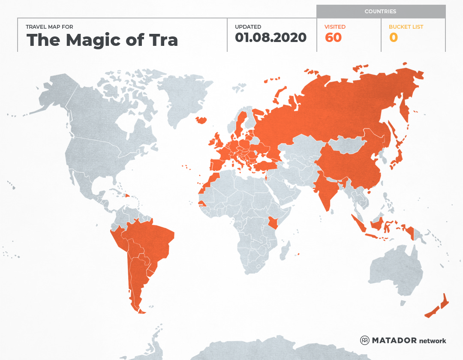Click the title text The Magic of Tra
pyautogui.click(x=102, y=40)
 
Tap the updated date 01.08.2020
pyautogui.click(x=271, y=38)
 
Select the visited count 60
pyautogui.click(x=333, y=38)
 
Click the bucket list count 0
pyautogui.click(x=393, y=38)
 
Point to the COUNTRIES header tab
pyautogui.click(x=380, y=12)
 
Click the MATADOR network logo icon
pyautogui.click(x=365, y=341)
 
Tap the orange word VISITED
pyautogui.click(x=335, y=27)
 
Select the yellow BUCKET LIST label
pyautogui.click(x=406, y=27)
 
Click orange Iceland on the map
pyautogui.click(x=201, y=120)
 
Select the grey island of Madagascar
pyautogui.click(x=284, y=251)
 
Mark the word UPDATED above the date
pyautogui.click(x=248, y=27)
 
